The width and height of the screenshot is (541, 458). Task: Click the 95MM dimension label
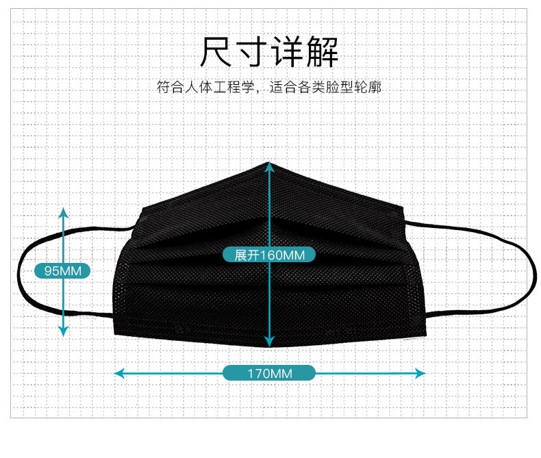(x=63, y=271)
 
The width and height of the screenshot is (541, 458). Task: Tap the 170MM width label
(x=269, y=373)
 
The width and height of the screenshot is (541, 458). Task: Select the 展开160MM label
(x=269, y=255)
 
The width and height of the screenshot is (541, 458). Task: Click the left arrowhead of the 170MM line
(x=118, y=373)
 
